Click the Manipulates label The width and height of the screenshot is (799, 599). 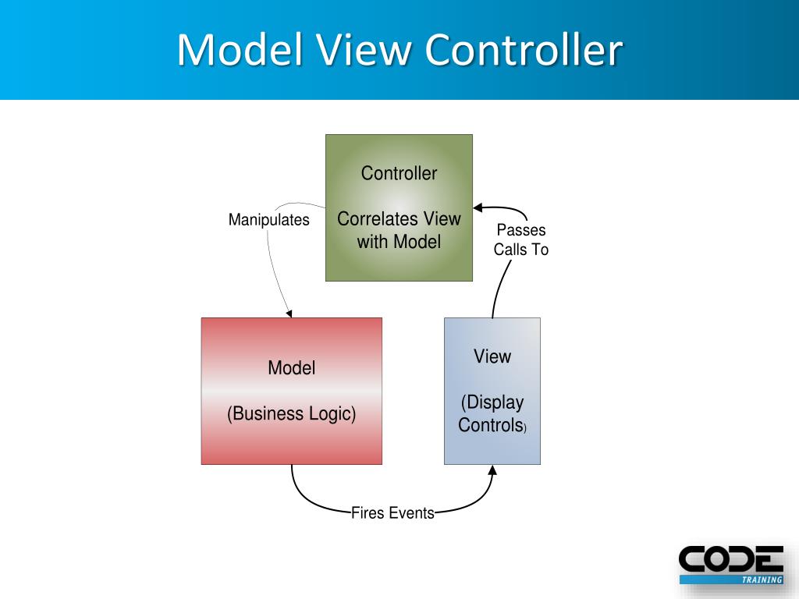coord(268,220)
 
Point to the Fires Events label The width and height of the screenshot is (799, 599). coord(392,513)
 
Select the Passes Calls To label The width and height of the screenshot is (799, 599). coord(521,240)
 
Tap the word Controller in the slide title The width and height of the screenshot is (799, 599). coord(524,50)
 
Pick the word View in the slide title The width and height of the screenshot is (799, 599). coord(364,50)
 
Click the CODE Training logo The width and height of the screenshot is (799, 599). coord(730,564)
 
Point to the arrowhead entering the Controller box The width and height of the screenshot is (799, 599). coord(478,207)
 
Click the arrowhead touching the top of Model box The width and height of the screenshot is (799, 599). coord(289,314)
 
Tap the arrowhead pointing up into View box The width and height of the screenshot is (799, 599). coord(492,470)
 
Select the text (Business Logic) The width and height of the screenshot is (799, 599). coord(291,413)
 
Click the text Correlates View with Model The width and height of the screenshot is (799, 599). coord(399,230)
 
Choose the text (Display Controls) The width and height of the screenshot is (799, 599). coord(492,414)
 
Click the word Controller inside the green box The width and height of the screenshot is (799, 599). coord(399,173)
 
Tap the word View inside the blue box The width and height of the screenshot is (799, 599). coord(492,356)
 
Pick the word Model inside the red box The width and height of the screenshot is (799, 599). coord(291,368)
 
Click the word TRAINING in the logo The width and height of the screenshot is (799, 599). coord(761,580)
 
